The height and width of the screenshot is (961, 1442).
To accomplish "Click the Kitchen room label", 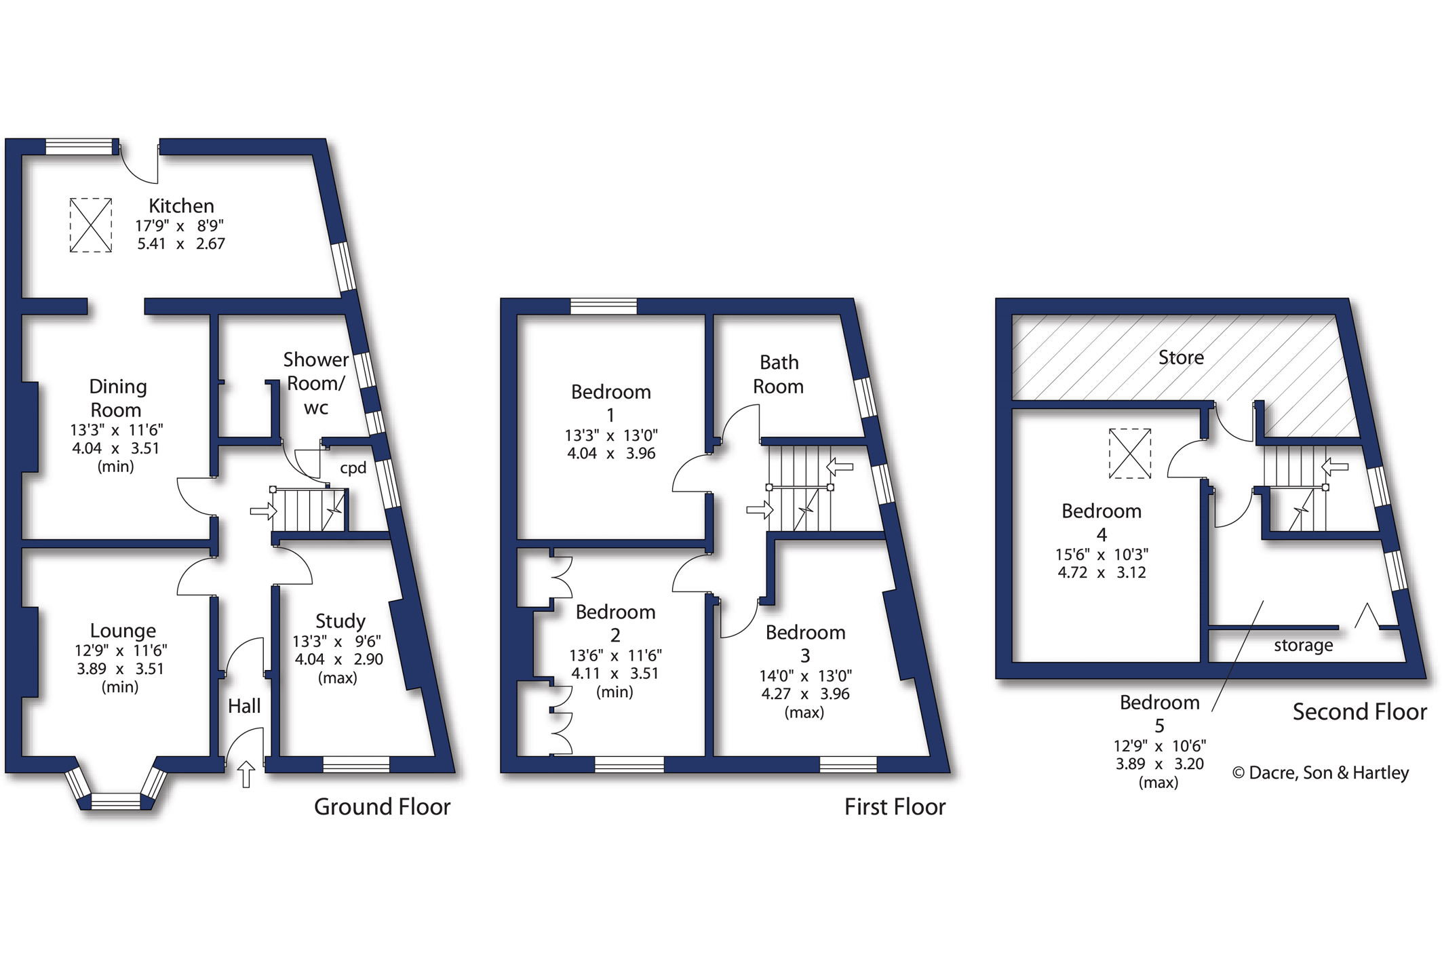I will pyautogui.click(x=181, y=205).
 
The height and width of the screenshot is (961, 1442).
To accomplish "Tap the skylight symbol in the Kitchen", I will pyautogui.click(x=91, y=225).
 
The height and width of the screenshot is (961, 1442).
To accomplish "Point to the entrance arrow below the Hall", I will pyautogui.click(x=246, y=774).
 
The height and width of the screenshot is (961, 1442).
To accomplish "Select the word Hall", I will pyautogui.click(x=244, y=706).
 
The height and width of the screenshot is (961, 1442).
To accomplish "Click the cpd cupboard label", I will pyautogui.click(x=353, y=468).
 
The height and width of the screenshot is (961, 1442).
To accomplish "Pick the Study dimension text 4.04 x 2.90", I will pyautogui.click(x=338, y=659).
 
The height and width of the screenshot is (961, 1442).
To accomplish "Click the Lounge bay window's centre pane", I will pyautogui.click(x=115, y=802).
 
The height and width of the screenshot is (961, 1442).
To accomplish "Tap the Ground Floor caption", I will pyautogui.click(x=382, y=806).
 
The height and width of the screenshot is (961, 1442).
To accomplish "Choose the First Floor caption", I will pyautogui.click(x=895, y=806).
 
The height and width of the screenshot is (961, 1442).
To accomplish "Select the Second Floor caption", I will pyautogui.click(x=1359, y=711).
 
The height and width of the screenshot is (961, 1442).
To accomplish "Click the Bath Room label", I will pyautogui.click(x=779, y=374).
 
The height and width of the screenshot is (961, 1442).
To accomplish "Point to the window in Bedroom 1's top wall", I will pyautogui.click(x=604, y=306).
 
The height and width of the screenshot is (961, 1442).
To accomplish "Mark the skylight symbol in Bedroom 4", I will pyautogui.click(x=1130, y=454).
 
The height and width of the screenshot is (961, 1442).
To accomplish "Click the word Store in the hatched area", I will pyautogui.click(x=1181, y=357).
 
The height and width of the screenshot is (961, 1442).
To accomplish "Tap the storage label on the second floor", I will pyautogui.click(x=1303, y=645).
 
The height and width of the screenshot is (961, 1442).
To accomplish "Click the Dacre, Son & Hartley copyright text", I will pyautogui.click(x=1321, y=772).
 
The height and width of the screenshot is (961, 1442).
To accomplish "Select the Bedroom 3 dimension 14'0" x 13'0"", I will pyautogui.click(x=805, y=675).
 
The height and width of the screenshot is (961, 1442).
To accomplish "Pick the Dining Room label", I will pyautogui.click(x=117, y=398).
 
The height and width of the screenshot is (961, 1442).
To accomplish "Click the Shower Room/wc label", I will pyautogui.click(x=315, y=383).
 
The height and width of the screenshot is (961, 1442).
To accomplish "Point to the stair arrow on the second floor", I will pyautogui.click(x=1335, y=467).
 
